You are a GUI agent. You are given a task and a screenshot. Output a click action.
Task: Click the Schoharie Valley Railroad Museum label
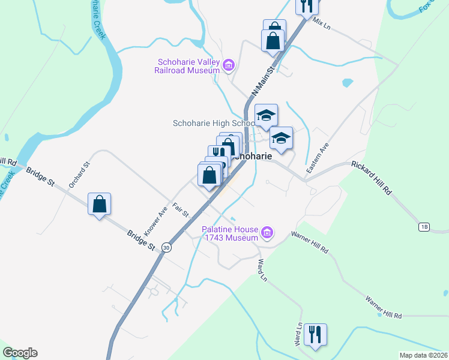point(188,66)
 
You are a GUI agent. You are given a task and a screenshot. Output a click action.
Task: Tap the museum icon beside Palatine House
point(268,232)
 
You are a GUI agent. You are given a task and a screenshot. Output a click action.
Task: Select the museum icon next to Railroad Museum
point(228,65)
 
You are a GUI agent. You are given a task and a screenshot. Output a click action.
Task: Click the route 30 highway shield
point(166,247)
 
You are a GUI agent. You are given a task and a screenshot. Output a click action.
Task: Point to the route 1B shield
point(424,226)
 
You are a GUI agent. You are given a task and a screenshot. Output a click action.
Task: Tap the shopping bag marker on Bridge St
point(100,204)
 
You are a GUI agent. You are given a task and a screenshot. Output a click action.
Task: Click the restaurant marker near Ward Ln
point(316,335)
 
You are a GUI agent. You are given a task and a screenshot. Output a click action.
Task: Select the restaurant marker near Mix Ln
point(307,5)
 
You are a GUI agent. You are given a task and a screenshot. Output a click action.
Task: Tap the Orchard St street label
point(79,175)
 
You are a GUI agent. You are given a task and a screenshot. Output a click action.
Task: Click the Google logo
point(20,353)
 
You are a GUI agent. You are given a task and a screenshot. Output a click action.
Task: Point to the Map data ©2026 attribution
point(423,355)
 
